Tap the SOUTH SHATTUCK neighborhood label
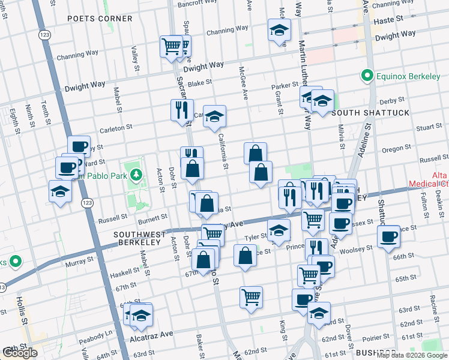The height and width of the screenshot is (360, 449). (x=370, y=113)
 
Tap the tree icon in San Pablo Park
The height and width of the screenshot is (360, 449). (x=137, y=175)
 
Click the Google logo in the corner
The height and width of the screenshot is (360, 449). (x=20, y=353)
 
